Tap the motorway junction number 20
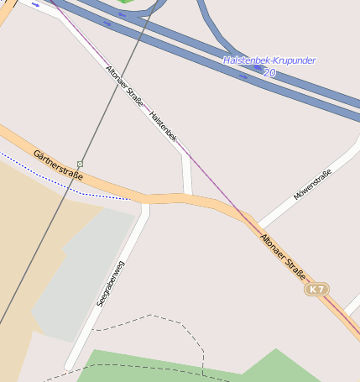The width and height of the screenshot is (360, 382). [269, 73]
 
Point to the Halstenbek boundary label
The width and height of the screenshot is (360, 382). [163, 125]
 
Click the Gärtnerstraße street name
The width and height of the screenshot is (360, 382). [58, 165]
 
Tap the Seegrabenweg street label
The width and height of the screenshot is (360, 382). [110, 285]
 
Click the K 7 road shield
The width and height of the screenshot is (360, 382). [316, 289]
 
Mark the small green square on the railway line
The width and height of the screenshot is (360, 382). [80, 164]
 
